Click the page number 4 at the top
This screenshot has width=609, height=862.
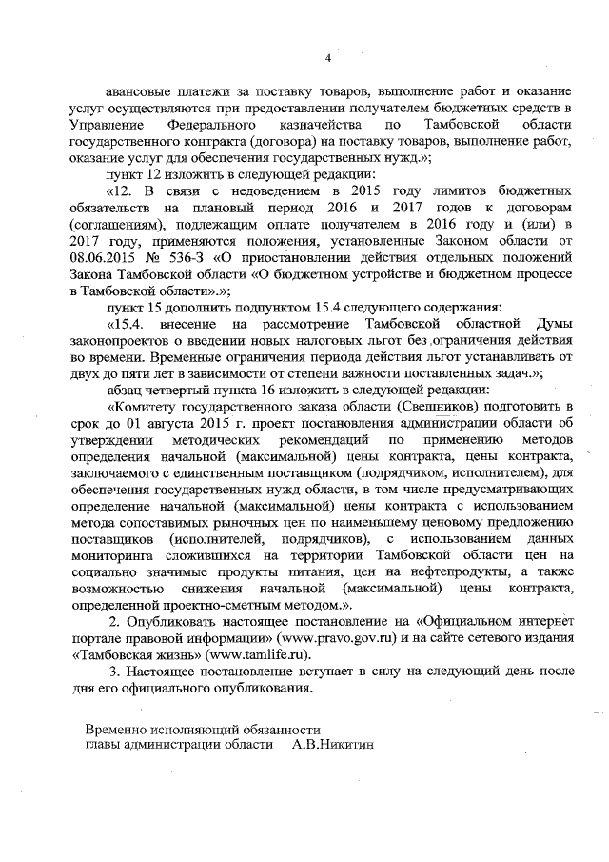(x=327, y=58)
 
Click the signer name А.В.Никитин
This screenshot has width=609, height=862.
(x=333, y=745)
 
